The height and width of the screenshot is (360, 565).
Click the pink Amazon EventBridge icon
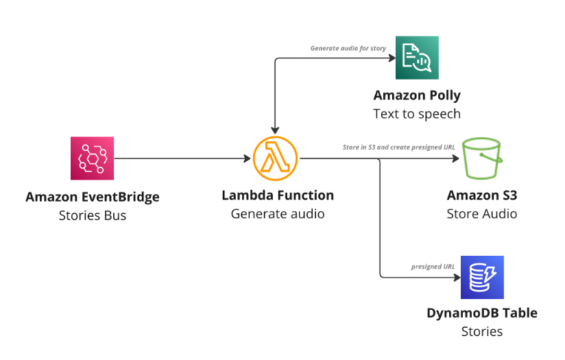[x=92, y=158]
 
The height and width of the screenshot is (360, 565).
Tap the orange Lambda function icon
[x=275, y=158]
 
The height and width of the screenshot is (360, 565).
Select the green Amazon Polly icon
[x=417, y=58]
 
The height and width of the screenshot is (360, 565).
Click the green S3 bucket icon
[x=482, y=158]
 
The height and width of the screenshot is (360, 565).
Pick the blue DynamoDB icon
[x=482, y=277]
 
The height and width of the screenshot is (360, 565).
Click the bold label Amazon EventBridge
[x=93, y=197]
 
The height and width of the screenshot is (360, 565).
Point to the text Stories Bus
[x=93, y=215]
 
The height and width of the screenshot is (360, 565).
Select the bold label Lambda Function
[x=278, y=195]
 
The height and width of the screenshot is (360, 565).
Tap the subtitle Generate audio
[x=278, y=214]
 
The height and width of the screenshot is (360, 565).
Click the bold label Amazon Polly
[x=417, y=95]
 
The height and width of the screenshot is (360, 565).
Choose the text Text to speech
[x=417, y=114]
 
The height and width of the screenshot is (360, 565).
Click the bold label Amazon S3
[x=482, y=195]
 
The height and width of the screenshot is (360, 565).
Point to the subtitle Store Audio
[x=482, y=214]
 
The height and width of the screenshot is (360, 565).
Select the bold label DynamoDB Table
[x=482, y=313]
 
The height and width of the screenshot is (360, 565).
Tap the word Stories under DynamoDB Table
[x=482, y=332]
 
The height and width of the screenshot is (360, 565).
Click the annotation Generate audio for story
[x=348, y=49]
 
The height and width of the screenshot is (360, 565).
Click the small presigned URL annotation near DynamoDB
[x=433, y=267]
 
